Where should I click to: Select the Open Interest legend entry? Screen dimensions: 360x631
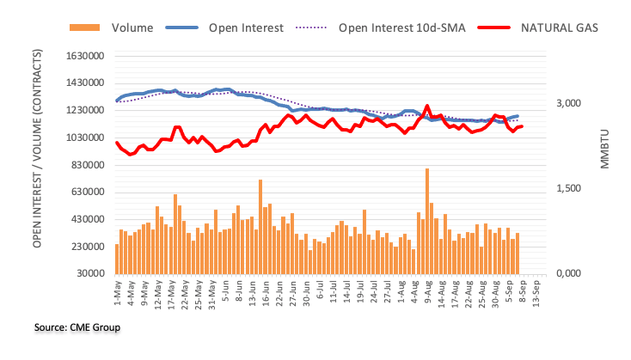(246, 27)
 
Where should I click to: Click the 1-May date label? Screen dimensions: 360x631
(116, 293)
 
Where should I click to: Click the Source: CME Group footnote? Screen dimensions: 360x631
(64, 327)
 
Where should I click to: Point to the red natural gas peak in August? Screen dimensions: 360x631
(427, 107)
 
